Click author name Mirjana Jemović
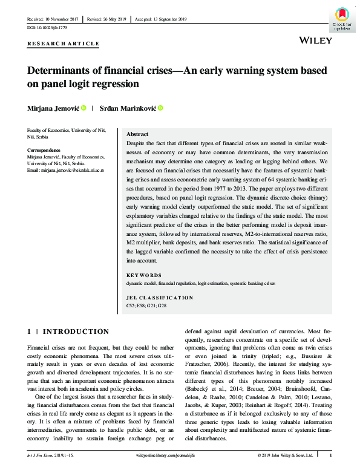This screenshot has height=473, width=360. click(53, 108)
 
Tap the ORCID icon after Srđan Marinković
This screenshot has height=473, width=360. click(162, 108)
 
